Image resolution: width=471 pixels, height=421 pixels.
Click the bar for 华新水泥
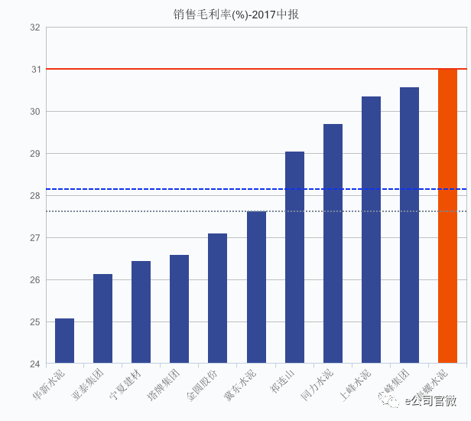(65, 341)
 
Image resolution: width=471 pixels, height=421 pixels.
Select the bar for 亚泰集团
(103, 318)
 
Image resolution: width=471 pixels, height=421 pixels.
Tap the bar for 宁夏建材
(141, 312)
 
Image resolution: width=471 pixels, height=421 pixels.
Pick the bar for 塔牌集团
(180, 309)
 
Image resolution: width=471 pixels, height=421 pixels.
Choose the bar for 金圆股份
(218, 299)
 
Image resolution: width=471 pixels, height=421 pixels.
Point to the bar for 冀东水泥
(256, 287)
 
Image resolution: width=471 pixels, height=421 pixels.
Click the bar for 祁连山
(294, 257)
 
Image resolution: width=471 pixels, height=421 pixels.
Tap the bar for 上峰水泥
(371, 230)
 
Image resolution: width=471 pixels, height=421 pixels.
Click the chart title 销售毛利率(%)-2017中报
(235, 14)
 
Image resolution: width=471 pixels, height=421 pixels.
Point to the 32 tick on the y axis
(34, 28)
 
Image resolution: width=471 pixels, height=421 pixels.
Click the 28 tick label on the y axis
(34, 196)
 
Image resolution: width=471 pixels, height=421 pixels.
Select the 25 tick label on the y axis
(34, 322)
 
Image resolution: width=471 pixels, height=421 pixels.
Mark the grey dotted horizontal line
(153, 211)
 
